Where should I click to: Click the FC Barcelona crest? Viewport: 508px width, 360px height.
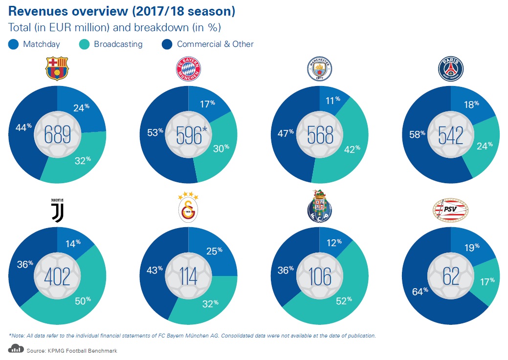click(57, 68)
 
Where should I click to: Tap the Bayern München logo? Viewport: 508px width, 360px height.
click(188, 70)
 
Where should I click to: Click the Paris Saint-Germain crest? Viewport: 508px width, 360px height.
click(450, 69)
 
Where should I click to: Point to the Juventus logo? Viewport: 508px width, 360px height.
click(57, 210)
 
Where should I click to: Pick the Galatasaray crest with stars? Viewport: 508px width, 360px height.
click(188, 207)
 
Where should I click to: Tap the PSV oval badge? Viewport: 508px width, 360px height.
click(450, 210)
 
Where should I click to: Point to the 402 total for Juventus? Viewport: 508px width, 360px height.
click(57, 276)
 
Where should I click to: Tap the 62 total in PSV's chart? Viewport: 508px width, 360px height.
click(450, 276)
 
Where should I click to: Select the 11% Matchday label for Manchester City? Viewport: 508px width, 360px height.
click(333, 100)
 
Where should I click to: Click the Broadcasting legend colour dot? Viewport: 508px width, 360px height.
click(84, 44)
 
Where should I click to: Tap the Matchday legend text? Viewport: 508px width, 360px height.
click(41, 44)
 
